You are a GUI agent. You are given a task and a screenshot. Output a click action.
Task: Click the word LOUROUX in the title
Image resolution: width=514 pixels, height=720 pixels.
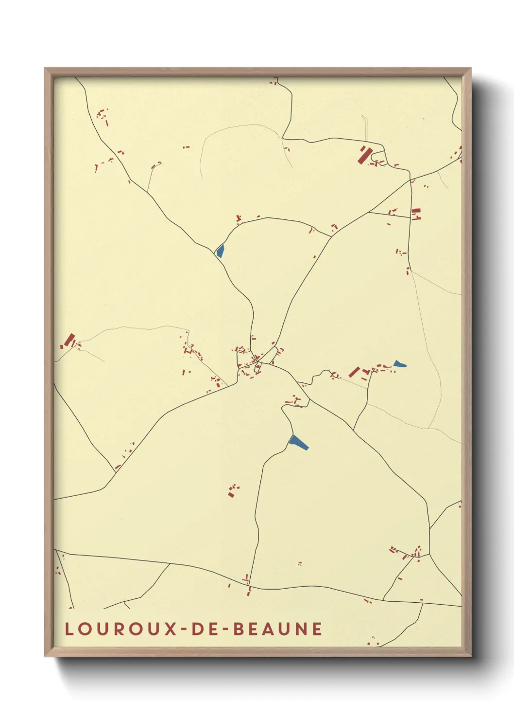[x=121, y=629]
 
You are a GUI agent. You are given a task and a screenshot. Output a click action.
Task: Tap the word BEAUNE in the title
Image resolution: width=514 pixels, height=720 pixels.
[x=278, y=629]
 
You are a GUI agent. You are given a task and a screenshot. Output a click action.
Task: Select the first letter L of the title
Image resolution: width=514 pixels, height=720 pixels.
[x=69, y=629]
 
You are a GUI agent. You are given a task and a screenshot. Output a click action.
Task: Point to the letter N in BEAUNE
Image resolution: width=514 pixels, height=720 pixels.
[x=301, y=629]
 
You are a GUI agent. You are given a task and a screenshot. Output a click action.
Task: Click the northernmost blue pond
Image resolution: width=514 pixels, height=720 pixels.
[x=220, y=251]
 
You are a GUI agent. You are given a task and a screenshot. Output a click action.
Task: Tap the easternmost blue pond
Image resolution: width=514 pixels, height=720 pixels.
[x=399, y=363]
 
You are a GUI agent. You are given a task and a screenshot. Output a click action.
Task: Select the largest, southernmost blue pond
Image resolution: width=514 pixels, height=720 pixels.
[x=297, y=442]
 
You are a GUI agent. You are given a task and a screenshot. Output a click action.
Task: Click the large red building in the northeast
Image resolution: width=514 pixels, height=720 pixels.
[x=364, y=155]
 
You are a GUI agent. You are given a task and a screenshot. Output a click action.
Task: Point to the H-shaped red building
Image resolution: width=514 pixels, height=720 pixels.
[x=416, y=214]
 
